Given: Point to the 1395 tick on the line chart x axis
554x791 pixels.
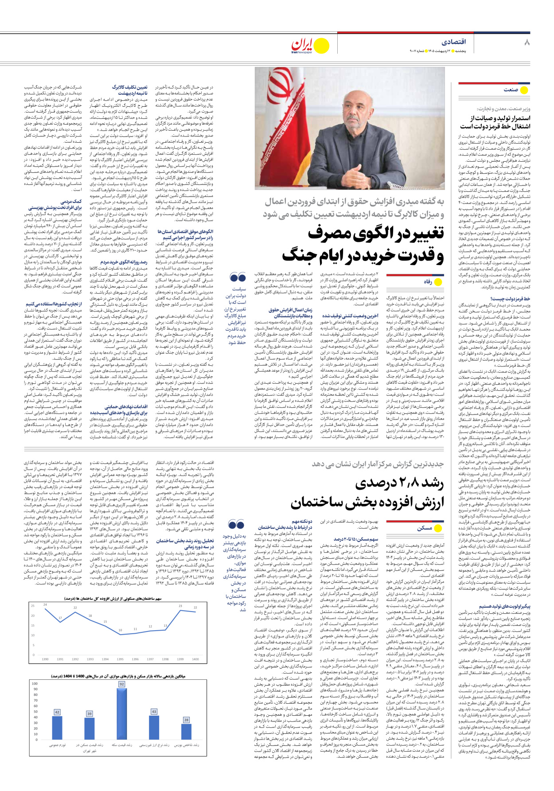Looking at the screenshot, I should (120, 659).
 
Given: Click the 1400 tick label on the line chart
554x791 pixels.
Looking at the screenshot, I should (195, 659).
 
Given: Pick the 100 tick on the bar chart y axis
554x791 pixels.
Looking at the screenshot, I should (35, 684).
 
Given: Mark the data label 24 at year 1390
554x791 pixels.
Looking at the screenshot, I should (45, 604).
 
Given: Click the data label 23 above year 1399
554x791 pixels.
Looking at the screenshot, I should (180, 606).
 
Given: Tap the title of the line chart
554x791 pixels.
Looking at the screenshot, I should (113, 598).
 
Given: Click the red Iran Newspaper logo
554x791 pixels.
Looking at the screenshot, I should (303, 46).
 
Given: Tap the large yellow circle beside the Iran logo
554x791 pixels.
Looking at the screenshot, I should (321, 46).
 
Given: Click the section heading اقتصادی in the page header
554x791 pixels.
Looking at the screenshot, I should (454, 42).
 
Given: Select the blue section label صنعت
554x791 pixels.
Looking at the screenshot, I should (511, 90).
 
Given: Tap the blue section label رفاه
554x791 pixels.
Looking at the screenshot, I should (428, 282).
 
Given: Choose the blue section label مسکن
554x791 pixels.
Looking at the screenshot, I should (424, 528).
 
